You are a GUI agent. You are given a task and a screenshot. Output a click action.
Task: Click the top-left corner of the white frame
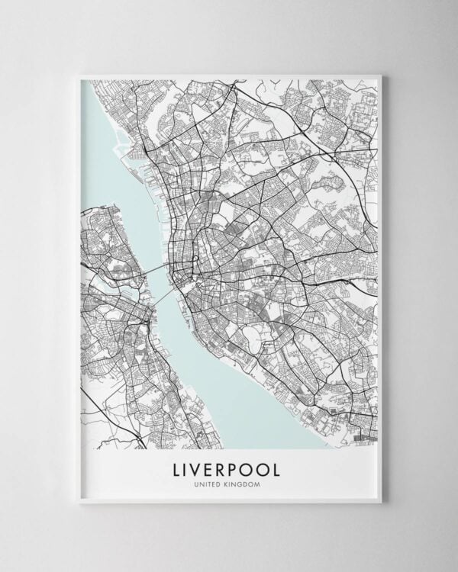pyautogui.click(x=79, y=75)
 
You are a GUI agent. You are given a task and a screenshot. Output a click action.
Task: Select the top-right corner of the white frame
pyautogui.click(x=381, y=75)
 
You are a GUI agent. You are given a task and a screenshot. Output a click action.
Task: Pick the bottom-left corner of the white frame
pyautogui.click(x=79, y=502)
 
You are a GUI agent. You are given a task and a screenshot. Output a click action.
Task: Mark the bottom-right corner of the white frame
pyautogui.click(x=381, y=502)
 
